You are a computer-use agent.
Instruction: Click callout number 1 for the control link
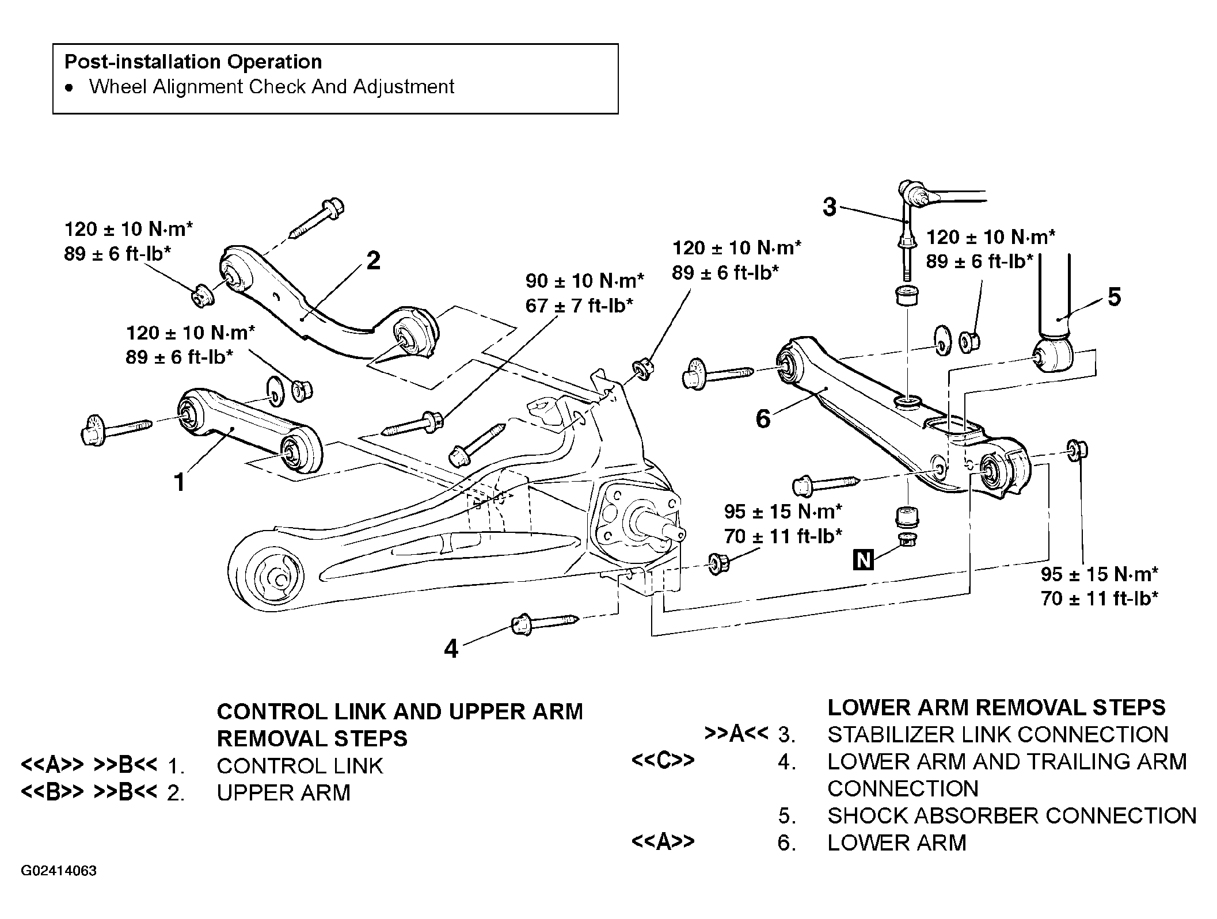[180, 482]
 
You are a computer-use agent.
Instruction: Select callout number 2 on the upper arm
[373, 261]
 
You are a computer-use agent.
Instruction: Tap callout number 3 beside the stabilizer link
[829, 207]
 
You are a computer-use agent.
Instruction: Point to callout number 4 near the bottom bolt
[451, 649]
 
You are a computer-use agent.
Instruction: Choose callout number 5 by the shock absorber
[1114, 298]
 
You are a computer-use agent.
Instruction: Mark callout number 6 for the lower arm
[763, 419]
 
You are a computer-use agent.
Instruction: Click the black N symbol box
[864, 559]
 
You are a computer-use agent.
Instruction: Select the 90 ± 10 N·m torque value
[585, 281]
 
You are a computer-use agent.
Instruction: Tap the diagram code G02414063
[59, 871]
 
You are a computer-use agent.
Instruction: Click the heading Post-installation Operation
[193, 62]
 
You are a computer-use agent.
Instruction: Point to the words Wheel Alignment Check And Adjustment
[272, 86]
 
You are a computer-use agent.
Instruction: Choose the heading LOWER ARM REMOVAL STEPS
[997, 707]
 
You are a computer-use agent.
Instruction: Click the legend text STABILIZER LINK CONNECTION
[998, 734]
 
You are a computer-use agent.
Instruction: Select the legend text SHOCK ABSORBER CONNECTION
[1012, 815]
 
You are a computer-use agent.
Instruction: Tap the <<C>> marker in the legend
[663, 760]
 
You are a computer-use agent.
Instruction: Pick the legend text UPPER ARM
[283, 793]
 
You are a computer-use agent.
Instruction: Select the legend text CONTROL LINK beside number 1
[300, 766]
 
